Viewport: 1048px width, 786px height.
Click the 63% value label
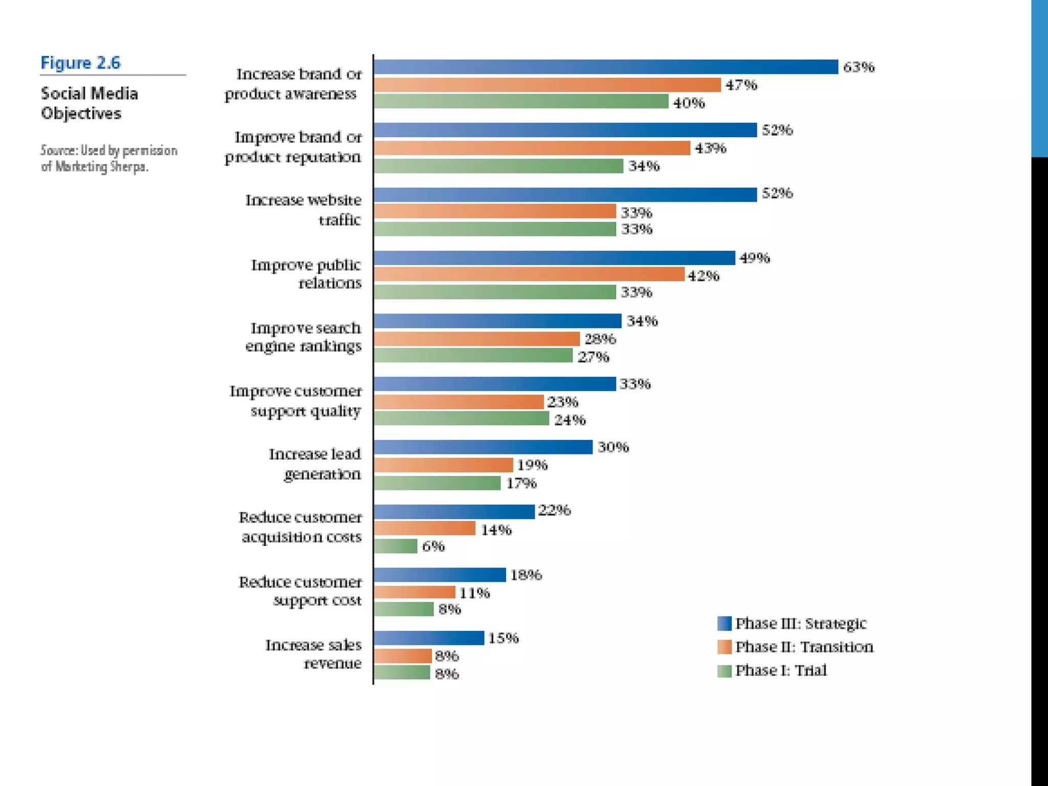point(859,67)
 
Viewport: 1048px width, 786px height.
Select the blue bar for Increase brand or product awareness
point(606,67)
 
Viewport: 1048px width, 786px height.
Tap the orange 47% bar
point(547,85)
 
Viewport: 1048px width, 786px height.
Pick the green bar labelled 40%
point(521,101)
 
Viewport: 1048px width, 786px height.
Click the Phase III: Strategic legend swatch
point(724,623)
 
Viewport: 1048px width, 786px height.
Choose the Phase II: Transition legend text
point(804,647)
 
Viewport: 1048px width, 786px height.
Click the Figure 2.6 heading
point(80,63)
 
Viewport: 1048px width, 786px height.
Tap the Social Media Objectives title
point(90,103)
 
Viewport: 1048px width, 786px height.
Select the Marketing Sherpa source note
point(109,159)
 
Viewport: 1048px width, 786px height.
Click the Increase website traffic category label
point(303,210)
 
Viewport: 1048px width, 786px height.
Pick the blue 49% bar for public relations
point(554,258)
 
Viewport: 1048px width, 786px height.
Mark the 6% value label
point(433,547)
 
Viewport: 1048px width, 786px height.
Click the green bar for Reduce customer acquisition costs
point(396,547)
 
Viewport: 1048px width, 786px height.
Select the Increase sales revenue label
point(313,653)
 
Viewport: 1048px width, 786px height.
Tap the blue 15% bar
point(429,638)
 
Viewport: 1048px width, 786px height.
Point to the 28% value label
point(600,339)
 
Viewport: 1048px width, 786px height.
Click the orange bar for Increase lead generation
point(443,465)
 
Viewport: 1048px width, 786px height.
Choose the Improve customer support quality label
point(296,401)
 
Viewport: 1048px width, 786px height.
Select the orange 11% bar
point(414,593)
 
